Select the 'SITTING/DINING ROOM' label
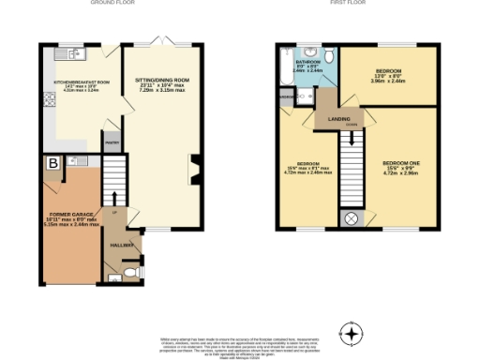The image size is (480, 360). (x=162, y=82)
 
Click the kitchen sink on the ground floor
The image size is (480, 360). (x=64, y=58)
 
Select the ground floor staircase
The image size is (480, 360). (x=113, y=178)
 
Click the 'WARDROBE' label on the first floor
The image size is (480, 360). (x=285, y=95)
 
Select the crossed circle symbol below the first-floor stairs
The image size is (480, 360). (x=352, y=218)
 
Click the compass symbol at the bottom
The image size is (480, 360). (x=352, y=333)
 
